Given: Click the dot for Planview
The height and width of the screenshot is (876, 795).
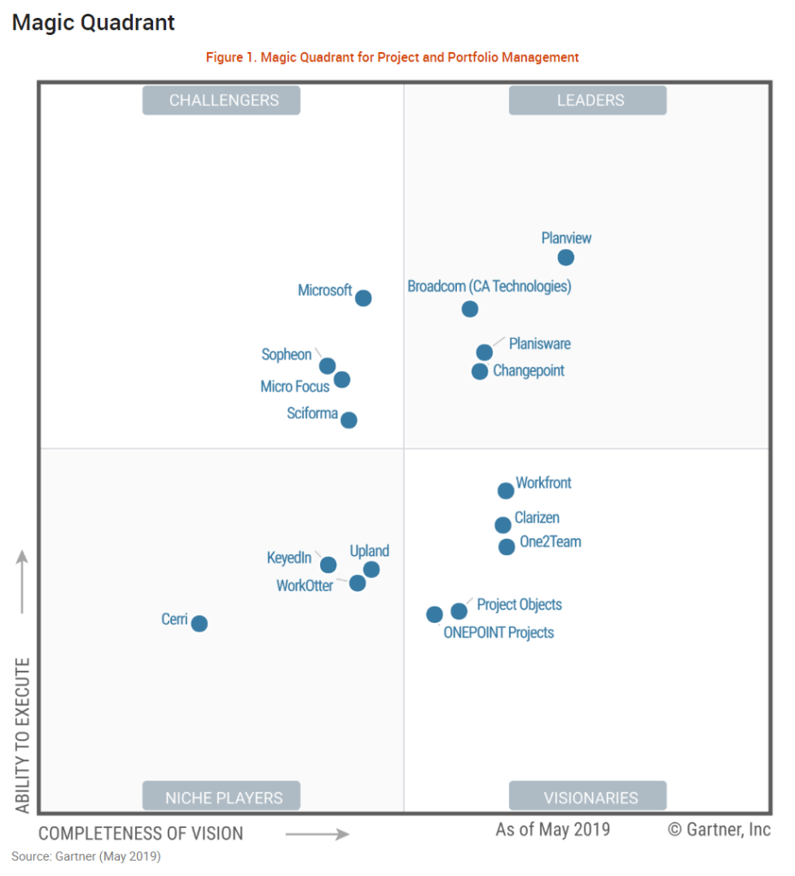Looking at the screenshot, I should tap(566, 257).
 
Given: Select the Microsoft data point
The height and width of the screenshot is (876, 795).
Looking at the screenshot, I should tap(363, 298).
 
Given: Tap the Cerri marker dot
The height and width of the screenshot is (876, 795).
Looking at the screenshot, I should tap(199, 624).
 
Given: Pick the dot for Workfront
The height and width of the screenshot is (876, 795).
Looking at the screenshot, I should tap(506, 490).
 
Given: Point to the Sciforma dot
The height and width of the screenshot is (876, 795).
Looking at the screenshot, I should tap(348, 420).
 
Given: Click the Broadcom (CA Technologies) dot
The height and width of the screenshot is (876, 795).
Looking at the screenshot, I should tap(470, 309).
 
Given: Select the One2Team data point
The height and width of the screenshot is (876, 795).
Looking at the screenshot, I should tap(507, 547).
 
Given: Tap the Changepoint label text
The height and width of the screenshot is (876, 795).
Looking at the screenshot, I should tap(529, 371).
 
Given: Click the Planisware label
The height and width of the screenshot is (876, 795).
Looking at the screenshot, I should tap(540, 344).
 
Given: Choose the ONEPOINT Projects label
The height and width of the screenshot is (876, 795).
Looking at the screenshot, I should tap(499, 633).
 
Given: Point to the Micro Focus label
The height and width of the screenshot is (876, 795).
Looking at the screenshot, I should tap(295, 387).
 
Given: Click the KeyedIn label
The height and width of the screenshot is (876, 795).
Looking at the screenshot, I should tap(289, 558).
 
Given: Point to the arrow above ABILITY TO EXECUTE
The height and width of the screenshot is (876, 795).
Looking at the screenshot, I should tap(23, 582).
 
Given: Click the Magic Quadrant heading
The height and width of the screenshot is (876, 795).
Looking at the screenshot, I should tap(93, 23).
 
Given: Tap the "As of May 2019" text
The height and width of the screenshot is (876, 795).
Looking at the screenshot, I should tap(553, 830).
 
